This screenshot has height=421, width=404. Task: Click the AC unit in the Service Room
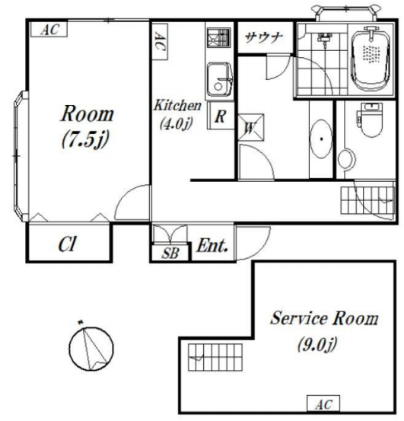323,403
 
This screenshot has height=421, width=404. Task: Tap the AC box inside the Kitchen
160,42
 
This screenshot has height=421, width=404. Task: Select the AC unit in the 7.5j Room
49,29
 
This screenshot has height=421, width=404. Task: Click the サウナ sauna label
264,37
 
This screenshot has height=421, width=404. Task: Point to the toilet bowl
371,120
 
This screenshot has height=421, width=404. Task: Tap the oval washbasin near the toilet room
321,139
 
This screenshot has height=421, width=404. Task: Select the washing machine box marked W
251,127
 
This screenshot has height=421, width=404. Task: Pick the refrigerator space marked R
221,116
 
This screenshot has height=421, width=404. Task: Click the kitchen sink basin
219,79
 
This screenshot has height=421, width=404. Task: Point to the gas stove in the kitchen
219,37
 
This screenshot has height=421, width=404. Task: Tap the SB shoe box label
170,253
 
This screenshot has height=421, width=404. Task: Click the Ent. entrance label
212,245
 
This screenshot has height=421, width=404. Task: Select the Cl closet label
67,244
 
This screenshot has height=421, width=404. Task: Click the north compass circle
91,349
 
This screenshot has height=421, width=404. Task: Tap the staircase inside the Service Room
215,357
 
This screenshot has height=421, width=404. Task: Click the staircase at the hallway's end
367,200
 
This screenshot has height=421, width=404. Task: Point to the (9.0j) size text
317,343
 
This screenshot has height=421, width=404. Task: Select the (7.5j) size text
85,139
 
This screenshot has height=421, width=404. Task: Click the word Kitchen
177,105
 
